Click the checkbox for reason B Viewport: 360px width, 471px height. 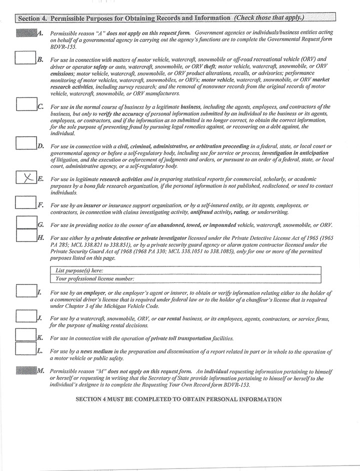coord(25,58)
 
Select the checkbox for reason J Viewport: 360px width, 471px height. coord(25,316)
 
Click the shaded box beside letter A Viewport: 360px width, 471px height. coord(26,33)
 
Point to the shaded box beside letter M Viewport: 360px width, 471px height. coord(26,370)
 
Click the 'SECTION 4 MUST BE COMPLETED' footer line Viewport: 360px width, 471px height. coord(178,399)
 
